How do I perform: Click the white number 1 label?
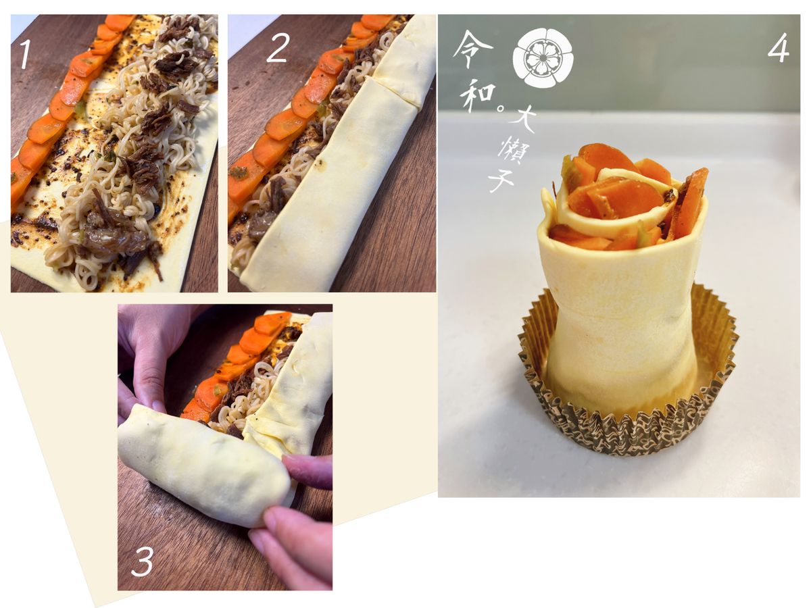(25, 54)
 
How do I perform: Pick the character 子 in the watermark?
(501, 181)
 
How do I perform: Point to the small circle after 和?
(501, 109)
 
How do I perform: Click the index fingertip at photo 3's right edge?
(295, 467)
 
